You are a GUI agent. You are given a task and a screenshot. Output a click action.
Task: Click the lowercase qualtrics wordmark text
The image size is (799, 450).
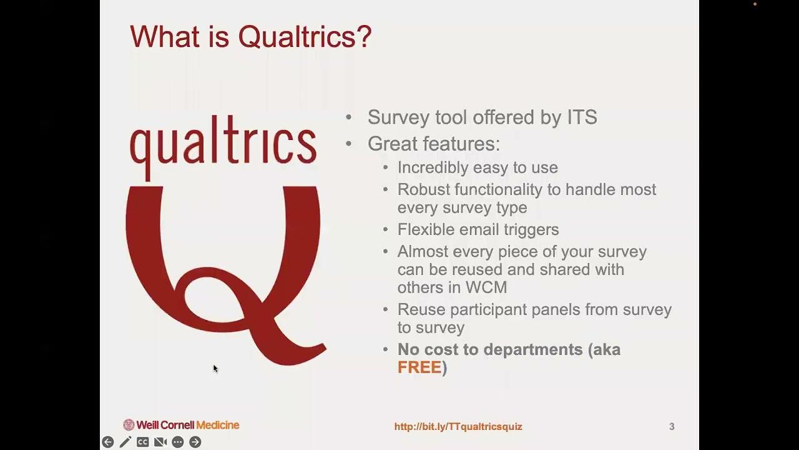pos(223,144)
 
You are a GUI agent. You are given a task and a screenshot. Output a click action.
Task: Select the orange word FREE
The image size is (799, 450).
pos(419,367)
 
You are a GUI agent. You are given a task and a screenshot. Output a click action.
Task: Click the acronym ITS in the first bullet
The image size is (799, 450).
pos(581,117)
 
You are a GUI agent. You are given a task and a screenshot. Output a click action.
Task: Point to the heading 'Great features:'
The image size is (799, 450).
pos(433,144)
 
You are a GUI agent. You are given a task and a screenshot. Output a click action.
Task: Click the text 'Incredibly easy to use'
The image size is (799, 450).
pos(478,167)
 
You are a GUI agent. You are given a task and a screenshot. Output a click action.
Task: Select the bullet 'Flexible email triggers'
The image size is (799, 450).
pos(478,229)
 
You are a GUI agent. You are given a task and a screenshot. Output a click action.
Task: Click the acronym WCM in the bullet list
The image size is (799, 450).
pos(487,287)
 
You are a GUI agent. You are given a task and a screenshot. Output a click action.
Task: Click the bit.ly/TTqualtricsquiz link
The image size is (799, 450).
pos(458,427)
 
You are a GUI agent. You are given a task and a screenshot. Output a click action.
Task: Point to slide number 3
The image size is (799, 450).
pos(672,427)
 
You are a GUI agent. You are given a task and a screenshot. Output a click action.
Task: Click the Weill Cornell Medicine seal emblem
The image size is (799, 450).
pos(129,425)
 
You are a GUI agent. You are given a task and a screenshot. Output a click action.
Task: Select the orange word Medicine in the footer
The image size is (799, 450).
pos(218,425)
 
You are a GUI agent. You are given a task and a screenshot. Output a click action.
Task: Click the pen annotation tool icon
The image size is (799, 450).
pos(125,442)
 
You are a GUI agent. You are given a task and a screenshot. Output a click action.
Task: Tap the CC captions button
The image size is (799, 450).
pos(143,442)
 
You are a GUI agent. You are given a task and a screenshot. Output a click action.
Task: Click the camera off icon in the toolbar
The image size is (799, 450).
pos(160,442)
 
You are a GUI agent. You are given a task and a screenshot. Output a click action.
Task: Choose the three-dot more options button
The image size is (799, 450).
pos(178,442)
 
